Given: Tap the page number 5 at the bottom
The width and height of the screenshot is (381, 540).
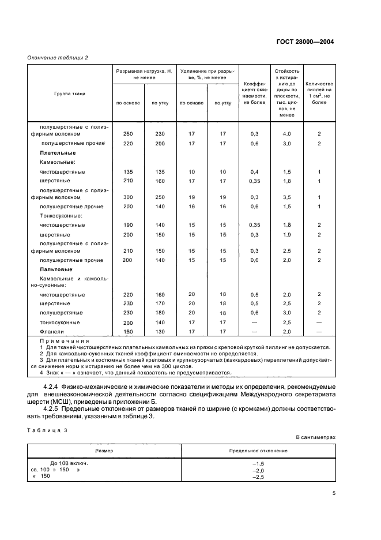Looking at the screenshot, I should [x=333, y=493].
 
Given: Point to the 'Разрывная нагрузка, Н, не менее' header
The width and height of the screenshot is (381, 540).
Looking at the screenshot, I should [x=144, y=73].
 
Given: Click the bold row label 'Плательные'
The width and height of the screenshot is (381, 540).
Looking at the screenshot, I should [x=58, y=153].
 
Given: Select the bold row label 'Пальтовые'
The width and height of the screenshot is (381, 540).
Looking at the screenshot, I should [x=56, y=269].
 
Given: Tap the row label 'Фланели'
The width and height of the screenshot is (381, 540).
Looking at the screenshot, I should [x=52, y=332].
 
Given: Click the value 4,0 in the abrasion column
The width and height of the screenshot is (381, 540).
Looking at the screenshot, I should [x=287, y=134].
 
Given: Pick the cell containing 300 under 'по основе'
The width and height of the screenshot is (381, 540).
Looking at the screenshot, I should [x=128, y=197].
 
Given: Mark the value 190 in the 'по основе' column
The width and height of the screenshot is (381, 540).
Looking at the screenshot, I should [x=128, y=225].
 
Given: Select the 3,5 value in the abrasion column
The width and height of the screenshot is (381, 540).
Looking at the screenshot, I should [x=287, y=197].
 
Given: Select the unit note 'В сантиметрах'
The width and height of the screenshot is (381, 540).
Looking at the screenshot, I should [x=316, y=437].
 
